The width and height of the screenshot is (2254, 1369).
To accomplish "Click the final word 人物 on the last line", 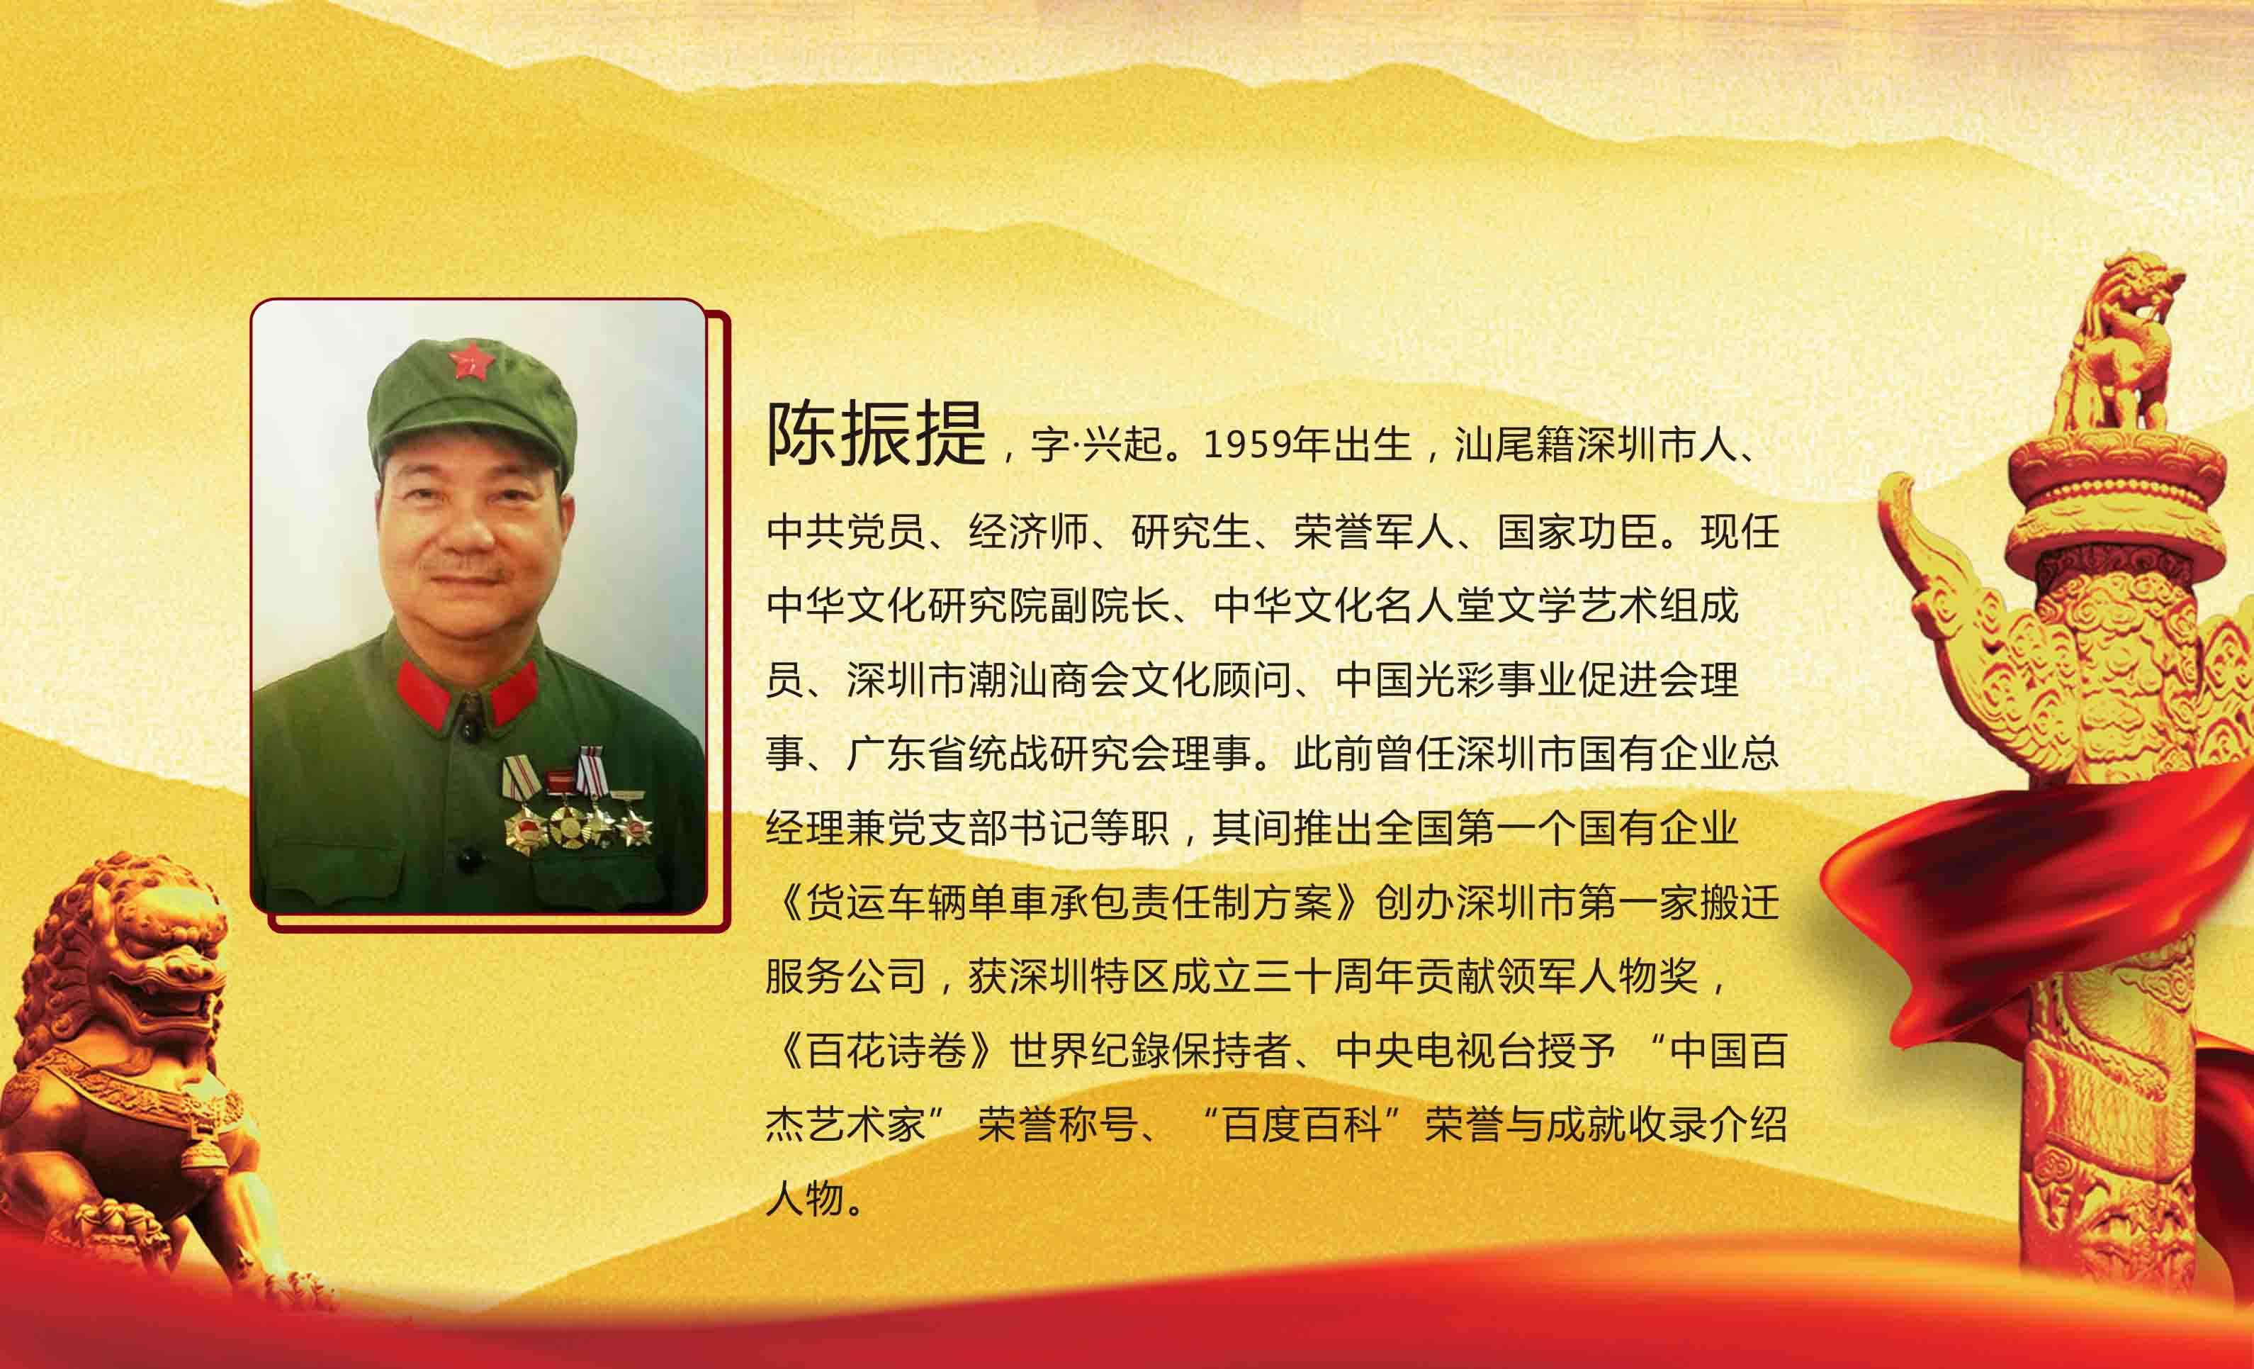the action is [805, 1199].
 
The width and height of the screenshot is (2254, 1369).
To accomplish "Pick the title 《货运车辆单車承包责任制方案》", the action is [1066, 903].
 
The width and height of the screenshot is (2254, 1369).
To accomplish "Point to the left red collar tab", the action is [422, 691].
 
